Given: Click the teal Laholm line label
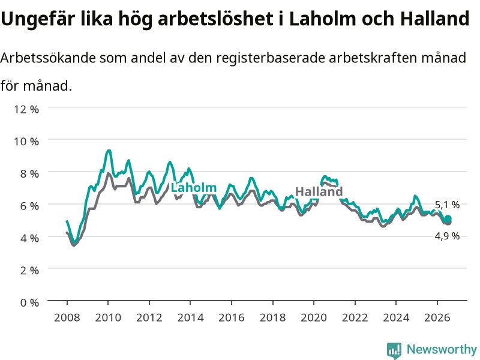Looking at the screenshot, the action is (193, 188).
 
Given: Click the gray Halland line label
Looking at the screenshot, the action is (319, 191).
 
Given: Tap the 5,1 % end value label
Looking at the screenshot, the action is (447, 205).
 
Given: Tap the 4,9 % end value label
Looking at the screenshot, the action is (447, 236).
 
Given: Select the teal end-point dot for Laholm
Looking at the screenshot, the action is (448, 218).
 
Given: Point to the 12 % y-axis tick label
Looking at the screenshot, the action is (26, 109).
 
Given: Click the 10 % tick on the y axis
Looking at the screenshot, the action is (26, 141).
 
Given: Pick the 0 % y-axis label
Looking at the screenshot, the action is (29, 302).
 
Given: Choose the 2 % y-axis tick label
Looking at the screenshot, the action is (29, 271).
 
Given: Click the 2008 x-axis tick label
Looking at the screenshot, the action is (67, 317).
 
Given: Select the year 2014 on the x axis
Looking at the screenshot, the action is (190, 317).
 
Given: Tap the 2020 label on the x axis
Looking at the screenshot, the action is (314, 317).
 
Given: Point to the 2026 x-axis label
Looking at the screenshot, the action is (437, 317).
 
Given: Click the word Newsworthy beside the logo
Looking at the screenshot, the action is (442, 349).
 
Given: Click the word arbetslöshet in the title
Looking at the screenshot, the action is (215, 19).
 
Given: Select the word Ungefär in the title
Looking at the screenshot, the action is (38, 19).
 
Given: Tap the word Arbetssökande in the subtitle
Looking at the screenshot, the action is (48, 57).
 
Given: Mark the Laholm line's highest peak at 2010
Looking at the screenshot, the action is (108, 151).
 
